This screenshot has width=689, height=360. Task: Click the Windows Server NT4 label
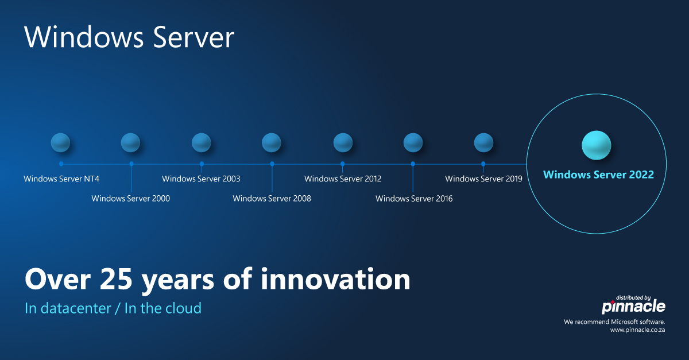(x=61, y=179)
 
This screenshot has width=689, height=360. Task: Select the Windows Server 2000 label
(x=131, y=199)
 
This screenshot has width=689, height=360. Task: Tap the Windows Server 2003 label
(x=201, y=179)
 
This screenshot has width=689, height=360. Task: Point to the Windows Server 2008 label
(x=272, y=199)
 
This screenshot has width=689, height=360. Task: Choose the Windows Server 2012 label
(x=343, y=179)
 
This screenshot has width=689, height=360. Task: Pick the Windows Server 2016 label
(x=414, y=199)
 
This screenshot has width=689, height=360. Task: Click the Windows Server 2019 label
(x=484, y=179)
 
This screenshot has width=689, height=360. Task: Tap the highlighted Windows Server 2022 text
(x=598, y=175)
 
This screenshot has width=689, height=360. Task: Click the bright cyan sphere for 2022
(x=597, y=145)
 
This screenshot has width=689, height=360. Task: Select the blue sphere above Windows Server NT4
(x=60, y=142)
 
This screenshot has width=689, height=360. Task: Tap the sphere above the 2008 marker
(x=271, y=142)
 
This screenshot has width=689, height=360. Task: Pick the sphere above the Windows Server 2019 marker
(x=483, y=142)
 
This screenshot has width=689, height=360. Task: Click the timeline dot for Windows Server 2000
(x=131, y=164)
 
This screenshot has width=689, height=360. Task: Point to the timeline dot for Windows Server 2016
(x=413, y=164)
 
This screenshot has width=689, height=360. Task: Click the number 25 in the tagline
(x=116, y=279)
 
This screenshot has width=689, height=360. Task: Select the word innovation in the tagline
(x=335, y=279)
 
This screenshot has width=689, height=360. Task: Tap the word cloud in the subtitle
(x=180, y=308)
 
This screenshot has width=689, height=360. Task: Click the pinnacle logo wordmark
(x=633, y=307)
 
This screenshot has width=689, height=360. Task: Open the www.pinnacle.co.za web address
(x=638, y=330)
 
